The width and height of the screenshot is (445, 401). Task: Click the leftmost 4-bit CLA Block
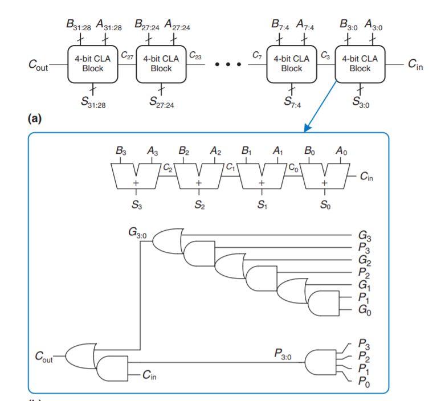pyautogui.click(x=93, y=64)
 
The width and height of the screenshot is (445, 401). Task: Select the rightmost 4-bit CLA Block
pyautogui.click(x=360, y=64)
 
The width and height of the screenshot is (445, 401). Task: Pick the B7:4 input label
pyautogui.click(x=280, y=24)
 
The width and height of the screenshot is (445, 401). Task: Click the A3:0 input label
pyautogui.click(x=374, y=24)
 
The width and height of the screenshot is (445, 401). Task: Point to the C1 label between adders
pyautogui.click(x=230, y=168)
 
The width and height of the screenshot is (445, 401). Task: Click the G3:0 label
pyautogui.click(x=139, y=232)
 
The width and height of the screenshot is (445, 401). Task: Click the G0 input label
pyautogui.click(x=364, y=311)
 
